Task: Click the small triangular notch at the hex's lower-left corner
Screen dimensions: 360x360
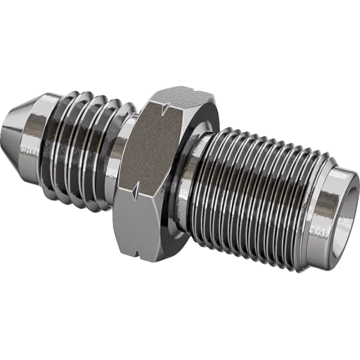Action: [135, 191]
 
